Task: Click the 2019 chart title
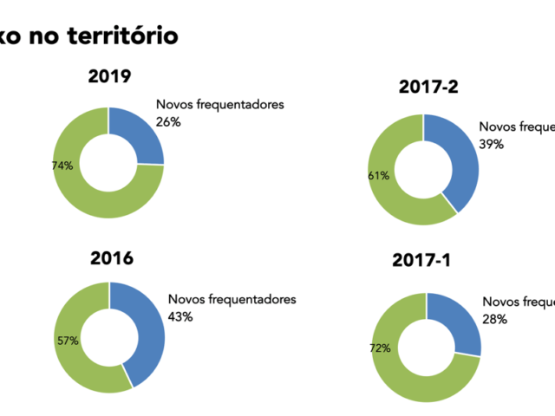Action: [x=109, y=76]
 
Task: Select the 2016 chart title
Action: [x=111, y=257]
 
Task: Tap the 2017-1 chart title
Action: [x=428, y=260]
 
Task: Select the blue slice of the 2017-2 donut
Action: [x=460, y=160]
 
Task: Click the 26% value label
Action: [x=168, y=122]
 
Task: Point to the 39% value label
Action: [x=492, y=145]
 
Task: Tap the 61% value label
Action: [x=379, y=176]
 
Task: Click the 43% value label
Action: [x=180, y=316]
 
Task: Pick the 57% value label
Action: [x=68, y=341]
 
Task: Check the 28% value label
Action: [x=494, y=319]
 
